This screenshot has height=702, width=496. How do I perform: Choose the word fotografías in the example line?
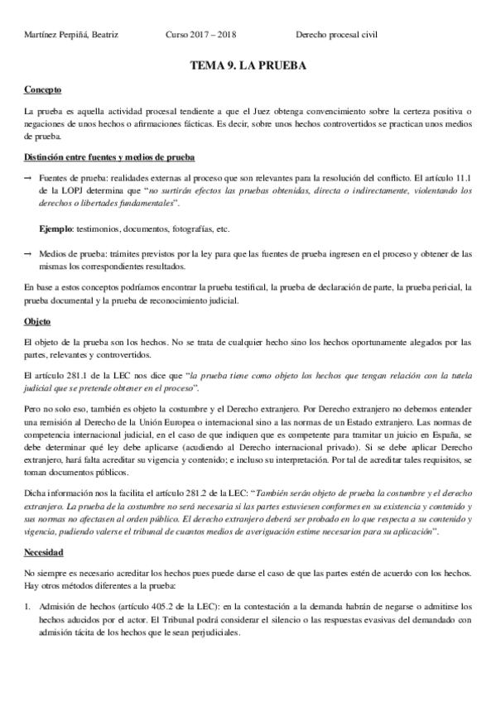coord(196,227)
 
